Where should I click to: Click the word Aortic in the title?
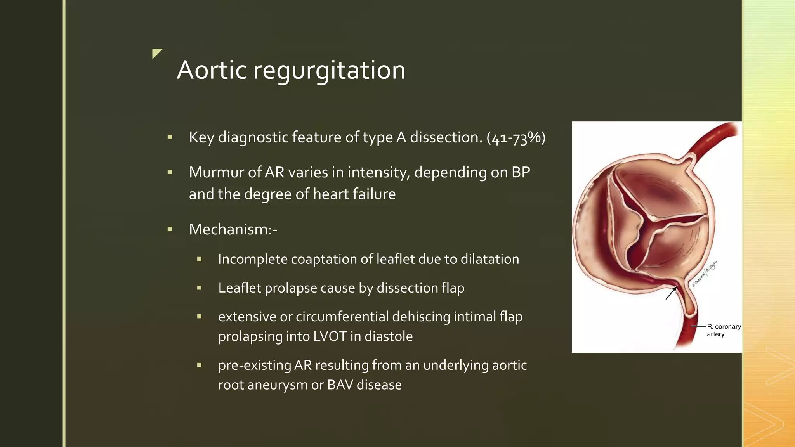tap(212, 70)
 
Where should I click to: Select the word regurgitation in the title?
tap(329, 70)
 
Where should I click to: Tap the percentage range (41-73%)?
tap(516, 137)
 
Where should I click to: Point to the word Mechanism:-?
tap(233, 229)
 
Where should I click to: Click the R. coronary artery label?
tap(724, 330)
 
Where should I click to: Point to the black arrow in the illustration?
tap(672, 293)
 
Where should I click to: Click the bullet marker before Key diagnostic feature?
tap(170, 137)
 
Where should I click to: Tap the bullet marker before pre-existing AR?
tap(199, 365)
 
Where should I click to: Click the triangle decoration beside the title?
tap(156, 53)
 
